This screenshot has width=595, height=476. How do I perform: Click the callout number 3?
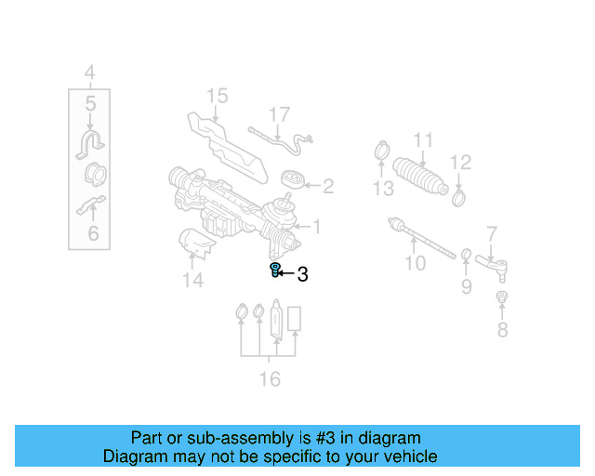[x=301, y=274]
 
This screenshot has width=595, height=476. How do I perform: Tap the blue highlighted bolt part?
[x=275, y=271]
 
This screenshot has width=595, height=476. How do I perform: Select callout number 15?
[x=217, y=96]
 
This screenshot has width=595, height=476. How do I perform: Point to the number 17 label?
[x=280, y=115]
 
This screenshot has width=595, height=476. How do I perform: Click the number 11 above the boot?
[x=423, y=140]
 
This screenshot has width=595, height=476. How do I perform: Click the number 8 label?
[x=502, y=329]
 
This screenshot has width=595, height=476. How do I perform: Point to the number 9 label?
[x=467, y=287]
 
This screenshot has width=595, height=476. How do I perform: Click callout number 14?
[x=192, y=279]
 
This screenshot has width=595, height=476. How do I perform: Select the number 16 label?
[x=270, y=378]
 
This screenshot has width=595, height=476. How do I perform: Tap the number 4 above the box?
[x=89, y=72]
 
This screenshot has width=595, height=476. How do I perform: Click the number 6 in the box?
[x=93, y=233]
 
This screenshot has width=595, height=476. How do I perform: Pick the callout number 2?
[x=327, y=187]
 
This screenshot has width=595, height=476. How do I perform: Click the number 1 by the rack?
[x=316, y=226]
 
